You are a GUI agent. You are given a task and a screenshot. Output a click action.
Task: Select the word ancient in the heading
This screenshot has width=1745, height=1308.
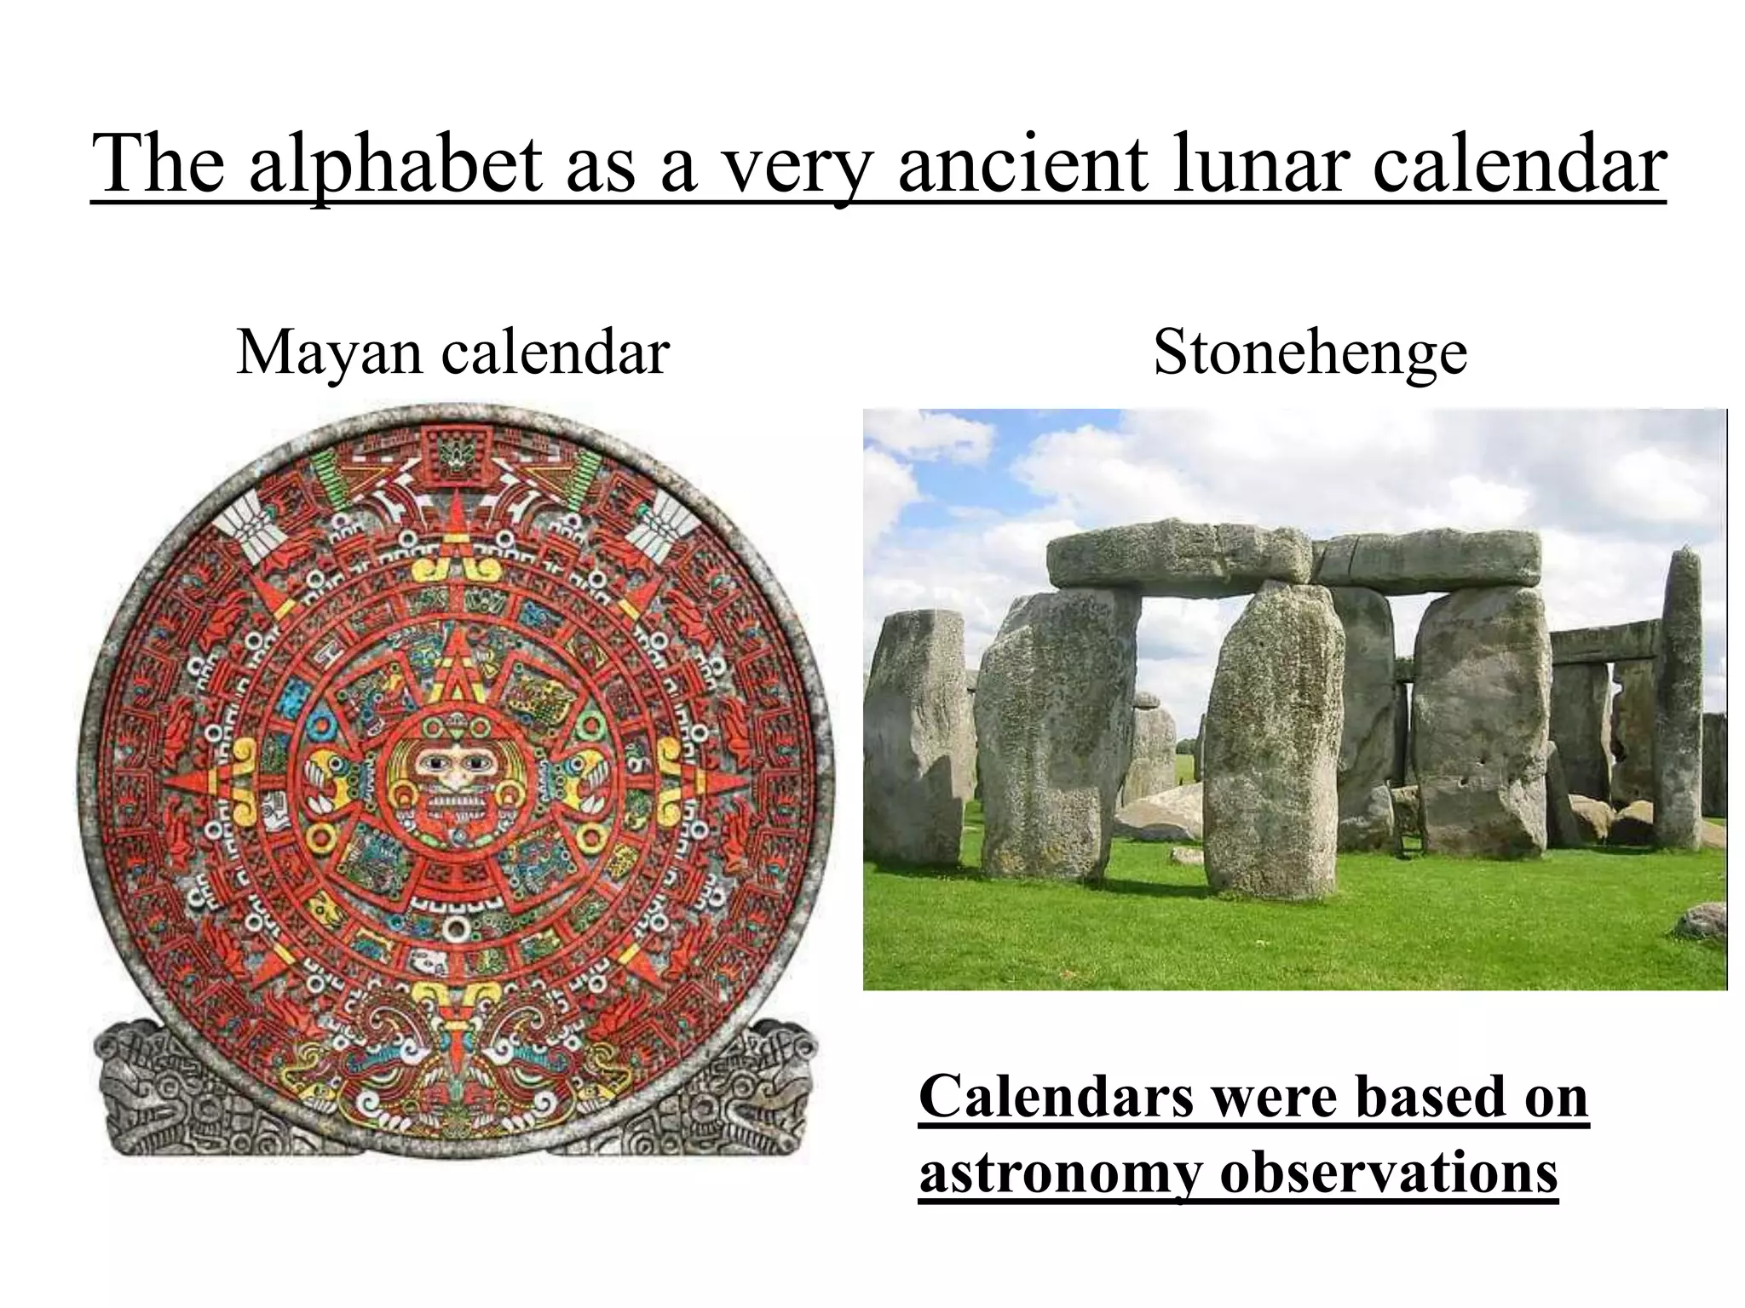(1023, 164)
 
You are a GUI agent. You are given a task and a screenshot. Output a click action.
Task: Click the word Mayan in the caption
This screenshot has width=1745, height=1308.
(328, 352)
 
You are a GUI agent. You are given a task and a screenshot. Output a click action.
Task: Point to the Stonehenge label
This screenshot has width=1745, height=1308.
(1310, 352)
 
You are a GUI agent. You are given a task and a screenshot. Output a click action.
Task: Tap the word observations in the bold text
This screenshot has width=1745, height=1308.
(1389, 1173)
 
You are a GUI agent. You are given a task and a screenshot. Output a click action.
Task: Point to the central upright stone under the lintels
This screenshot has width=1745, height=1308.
(1271, 741)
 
